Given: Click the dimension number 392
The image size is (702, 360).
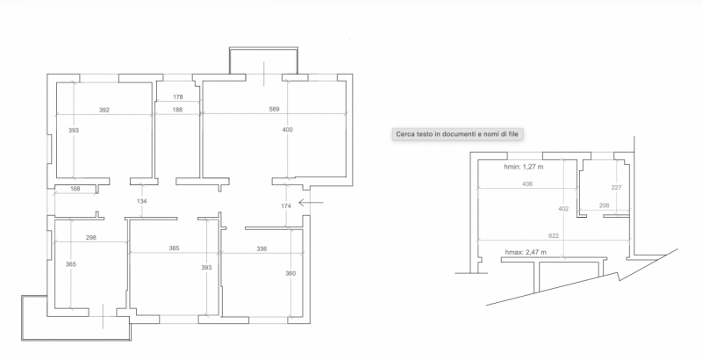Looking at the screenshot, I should (104, 111).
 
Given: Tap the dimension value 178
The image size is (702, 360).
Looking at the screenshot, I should (177, 97).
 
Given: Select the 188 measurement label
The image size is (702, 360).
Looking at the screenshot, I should (177, 110).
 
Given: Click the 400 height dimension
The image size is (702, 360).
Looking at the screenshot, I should (287, 130).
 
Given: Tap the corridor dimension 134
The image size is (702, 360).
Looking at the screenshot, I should (141, 202).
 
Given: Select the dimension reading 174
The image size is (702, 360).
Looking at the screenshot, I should (285, 205).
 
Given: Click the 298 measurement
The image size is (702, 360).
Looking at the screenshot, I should (90, 238).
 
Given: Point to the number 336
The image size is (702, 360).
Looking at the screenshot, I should (261, 249).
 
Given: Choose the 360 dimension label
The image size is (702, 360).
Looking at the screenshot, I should (290, 274).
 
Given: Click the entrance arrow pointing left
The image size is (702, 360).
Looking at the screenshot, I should (310, 202).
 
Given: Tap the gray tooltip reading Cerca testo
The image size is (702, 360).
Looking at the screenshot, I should (457, 133).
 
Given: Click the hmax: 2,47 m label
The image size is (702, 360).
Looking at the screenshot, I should (526, 252).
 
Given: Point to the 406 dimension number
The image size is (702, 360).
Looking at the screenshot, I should (527, 185).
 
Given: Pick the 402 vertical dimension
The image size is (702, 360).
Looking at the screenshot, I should (563, 209).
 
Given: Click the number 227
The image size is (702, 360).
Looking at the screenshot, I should (616, 187).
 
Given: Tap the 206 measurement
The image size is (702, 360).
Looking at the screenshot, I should (604, 205).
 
